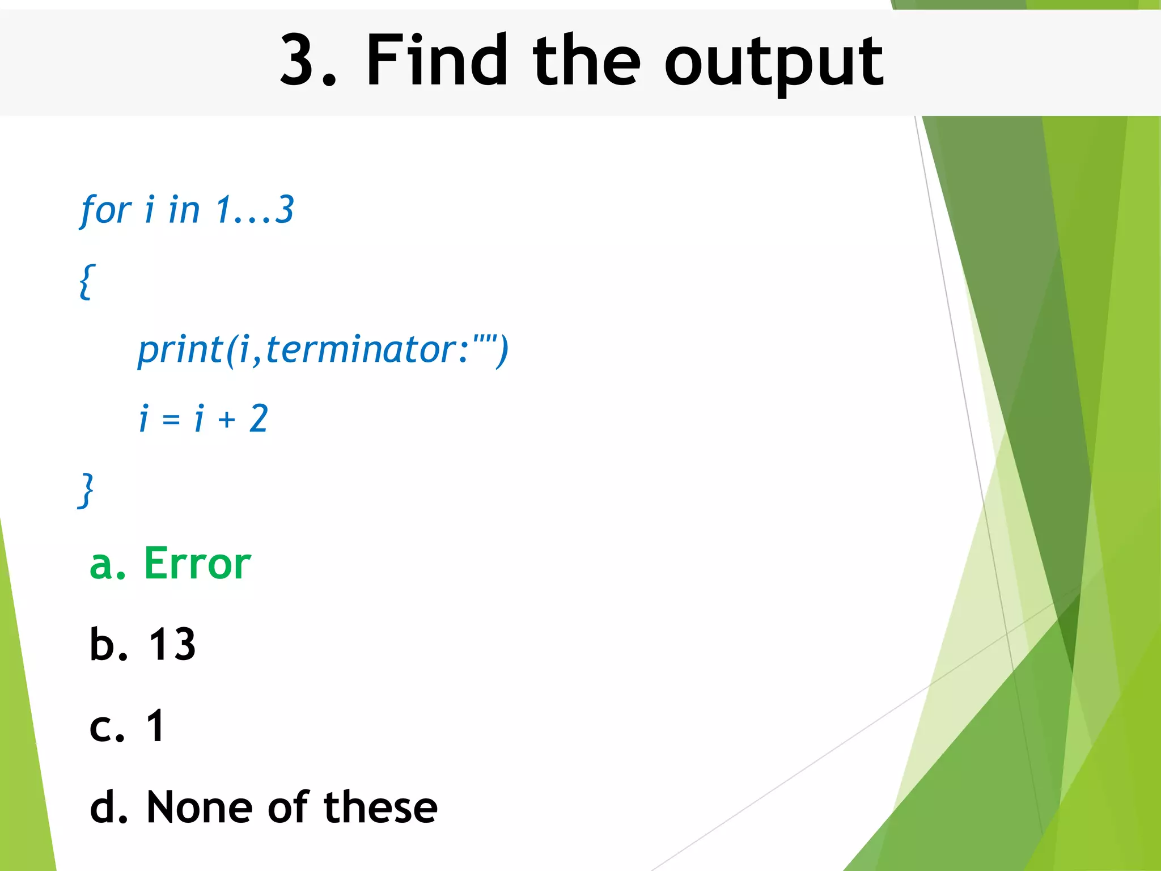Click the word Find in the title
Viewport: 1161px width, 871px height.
(x=436, y=60)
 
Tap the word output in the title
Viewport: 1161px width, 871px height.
(x=773, y=62)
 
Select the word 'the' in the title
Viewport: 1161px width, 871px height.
(x=586, y=60)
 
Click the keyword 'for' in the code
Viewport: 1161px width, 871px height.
(x=106, y=210)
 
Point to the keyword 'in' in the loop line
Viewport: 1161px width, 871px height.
(x=184, y=209)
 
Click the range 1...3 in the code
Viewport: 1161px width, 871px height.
(x=255, y=209)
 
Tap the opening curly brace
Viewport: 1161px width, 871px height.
(x=87, y=281)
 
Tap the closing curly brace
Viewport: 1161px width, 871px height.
(x=86, y=490)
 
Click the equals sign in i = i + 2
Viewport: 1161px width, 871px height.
(x=171, y=420)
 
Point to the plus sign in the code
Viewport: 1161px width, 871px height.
(x=226, y=420)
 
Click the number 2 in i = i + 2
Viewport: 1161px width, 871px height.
(x=259, y=419)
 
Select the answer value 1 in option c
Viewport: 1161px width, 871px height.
(x=155, y=726)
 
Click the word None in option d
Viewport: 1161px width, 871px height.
(x=200, y=807)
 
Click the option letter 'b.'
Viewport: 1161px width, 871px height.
(x=108, y=645)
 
